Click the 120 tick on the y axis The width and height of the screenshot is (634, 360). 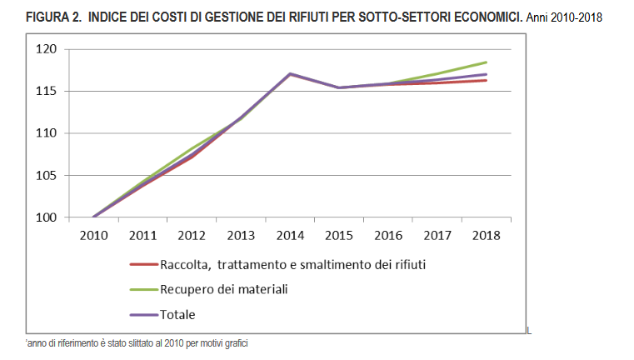[69, 49]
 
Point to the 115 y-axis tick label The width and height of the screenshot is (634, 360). [69, 91]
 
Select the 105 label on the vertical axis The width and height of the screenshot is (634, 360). [69, 176]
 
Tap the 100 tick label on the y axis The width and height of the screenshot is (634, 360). [69, 218]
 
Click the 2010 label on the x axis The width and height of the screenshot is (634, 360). [93, 235]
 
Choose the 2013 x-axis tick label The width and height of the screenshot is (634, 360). [241, 235]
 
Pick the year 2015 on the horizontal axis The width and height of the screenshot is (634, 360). [339, 235]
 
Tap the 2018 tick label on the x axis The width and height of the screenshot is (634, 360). [486, 235]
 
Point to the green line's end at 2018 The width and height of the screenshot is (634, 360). [487, 62]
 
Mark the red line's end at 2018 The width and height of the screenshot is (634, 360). [487, 80]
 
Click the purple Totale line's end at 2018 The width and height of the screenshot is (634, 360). [487, 74]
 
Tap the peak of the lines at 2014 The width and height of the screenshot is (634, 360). [290, 73]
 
